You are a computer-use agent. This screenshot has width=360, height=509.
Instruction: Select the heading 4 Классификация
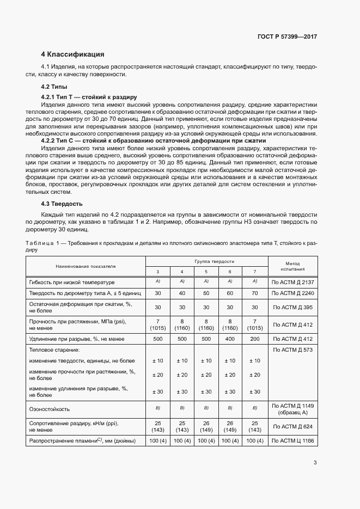72,54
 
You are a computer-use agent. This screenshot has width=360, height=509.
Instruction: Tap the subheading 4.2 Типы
54,87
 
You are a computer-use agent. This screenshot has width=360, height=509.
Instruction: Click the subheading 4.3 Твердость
62,204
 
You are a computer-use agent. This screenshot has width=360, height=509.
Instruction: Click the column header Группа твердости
206,261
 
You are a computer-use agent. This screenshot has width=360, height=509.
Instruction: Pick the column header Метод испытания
292,266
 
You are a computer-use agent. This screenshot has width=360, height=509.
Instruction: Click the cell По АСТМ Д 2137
292,283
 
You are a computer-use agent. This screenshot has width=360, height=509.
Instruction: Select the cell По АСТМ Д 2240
292,293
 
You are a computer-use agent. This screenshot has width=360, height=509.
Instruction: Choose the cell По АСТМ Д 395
292,308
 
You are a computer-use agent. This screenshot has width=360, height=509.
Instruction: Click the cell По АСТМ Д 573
292,349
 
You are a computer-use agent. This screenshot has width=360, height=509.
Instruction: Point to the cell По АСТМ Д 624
292,426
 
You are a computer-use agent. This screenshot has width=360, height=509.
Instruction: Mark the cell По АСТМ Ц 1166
292,440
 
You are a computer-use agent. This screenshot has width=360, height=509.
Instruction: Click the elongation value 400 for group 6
230,339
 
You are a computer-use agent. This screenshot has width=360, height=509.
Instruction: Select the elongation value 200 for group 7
254,339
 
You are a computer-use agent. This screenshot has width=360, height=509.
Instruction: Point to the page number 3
315,463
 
